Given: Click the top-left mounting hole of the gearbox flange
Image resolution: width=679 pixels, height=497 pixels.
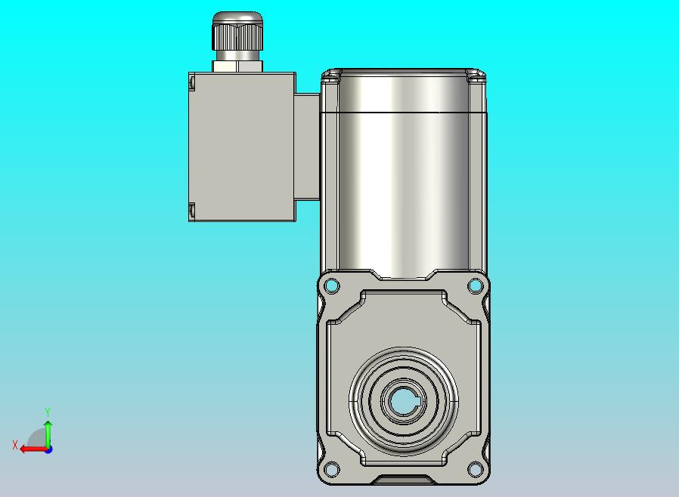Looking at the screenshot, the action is pos(332,286).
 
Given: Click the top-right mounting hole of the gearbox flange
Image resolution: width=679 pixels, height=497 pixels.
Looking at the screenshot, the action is pos(475,286).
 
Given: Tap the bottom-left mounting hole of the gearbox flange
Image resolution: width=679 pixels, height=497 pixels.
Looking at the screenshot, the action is pos(332,469).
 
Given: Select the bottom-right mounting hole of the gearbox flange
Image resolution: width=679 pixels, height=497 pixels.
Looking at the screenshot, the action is pos(475,469).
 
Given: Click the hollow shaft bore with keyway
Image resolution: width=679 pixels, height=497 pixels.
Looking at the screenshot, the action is pos(403,402).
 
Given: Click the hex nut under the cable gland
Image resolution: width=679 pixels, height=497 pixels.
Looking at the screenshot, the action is pos(237,66).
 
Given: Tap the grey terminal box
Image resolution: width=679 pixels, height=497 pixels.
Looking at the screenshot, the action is pos(243,147).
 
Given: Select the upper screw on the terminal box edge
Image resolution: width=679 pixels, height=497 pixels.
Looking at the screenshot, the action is pos(192,82).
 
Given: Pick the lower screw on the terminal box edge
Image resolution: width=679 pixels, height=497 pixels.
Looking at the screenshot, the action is pos(192,210).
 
